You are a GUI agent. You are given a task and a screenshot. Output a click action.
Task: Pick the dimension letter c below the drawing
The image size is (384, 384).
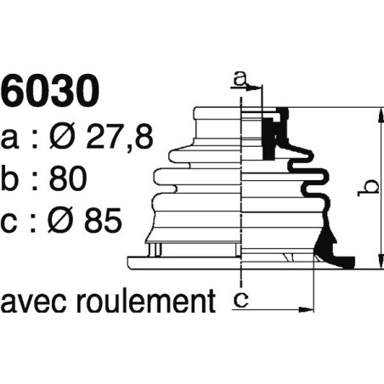241,298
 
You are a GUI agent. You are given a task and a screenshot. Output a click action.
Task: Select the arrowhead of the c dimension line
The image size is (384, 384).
310,308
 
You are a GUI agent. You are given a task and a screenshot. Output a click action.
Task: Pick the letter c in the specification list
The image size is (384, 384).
12,222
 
